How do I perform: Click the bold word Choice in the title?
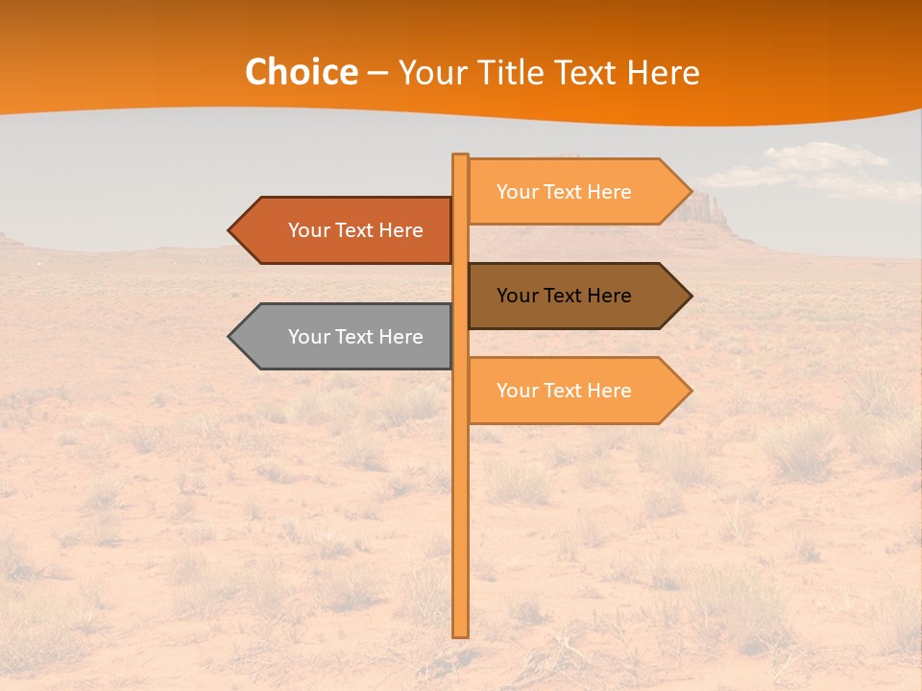click(x=301, y=72)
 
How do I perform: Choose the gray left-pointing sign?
click(x=346, y=337)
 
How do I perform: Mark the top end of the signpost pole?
click(x=460, y=156)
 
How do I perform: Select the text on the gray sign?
click(x=355, y=337)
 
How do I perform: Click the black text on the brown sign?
click(x=564, y=296)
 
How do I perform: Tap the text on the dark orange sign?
click(x=355, y=230)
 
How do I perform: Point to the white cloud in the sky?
click(x=816, y=168)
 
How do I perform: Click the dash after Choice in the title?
click(x=377, y=74)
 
